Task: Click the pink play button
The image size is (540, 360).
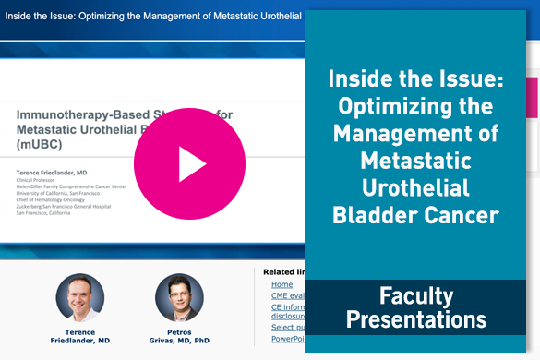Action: pyautogui.click(x=189, y=163)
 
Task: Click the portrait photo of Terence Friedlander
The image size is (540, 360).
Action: pyautogui.click(x=80, y=297)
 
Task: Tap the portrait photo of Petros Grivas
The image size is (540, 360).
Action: pyautogui.click(x=179, y=297)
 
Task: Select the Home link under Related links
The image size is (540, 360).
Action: pyautogui.click(x=282, y=285)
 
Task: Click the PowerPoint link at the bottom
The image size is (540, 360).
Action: pyautogui.click(x=287, y=339)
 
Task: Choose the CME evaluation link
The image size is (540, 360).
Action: pyautogui.click(x=287, y=298)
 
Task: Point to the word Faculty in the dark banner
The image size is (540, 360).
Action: pyautogui.click(x=416, y=296)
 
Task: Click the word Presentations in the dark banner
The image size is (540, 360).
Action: pyautogui.click(x=416, y=320)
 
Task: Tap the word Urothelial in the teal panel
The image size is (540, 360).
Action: pyautogui.click(x=416, y=188)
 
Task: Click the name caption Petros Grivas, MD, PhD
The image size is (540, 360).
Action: pyautogui.click(x=179, y=335)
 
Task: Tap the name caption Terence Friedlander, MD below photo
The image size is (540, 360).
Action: pyautogui.click(x=80, y=335)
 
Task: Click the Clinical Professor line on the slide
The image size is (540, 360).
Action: pyautogui.click(x=43, y=182)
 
